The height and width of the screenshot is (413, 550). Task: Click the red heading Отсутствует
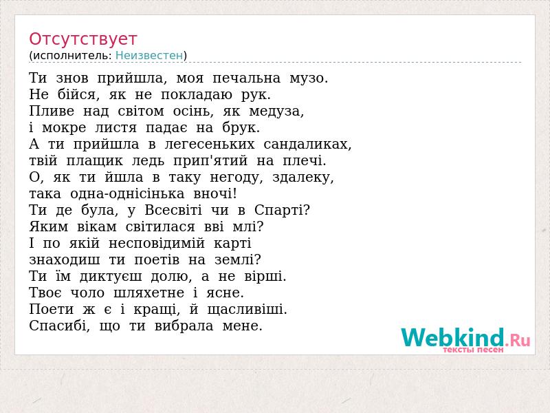pos(82,39)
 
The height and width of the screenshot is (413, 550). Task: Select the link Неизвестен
pos(149,56)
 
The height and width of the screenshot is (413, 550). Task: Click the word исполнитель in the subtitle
pos(72,56)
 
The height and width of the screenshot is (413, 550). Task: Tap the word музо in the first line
pos(306,78)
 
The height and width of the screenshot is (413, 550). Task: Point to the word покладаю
pos(197,95)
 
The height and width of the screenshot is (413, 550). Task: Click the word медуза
pos(274,112)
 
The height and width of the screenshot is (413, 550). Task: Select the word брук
pos(239,128)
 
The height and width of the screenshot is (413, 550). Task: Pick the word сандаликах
pos(305,145)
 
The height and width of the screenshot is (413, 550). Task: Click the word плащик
pos(95,161)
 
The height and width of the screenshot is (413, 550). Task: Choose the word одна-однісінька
pos(127,194)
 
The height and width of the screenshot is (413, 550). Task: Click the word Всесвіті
pos(173,211)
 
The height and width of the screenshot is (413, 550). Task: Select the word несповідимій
pos(157,244)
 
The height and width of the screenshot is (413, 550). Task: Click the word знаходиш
pos(65,260)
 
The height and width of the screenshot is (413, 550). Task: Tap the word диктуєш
pos(111,277)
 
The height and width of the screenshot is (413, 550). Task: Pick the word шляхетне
pos(148,293)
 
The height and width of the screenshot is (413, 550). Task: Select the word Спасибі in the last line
pos(58,326)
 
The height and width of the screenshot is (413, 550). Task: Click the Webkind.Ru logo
pos(465,339)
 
